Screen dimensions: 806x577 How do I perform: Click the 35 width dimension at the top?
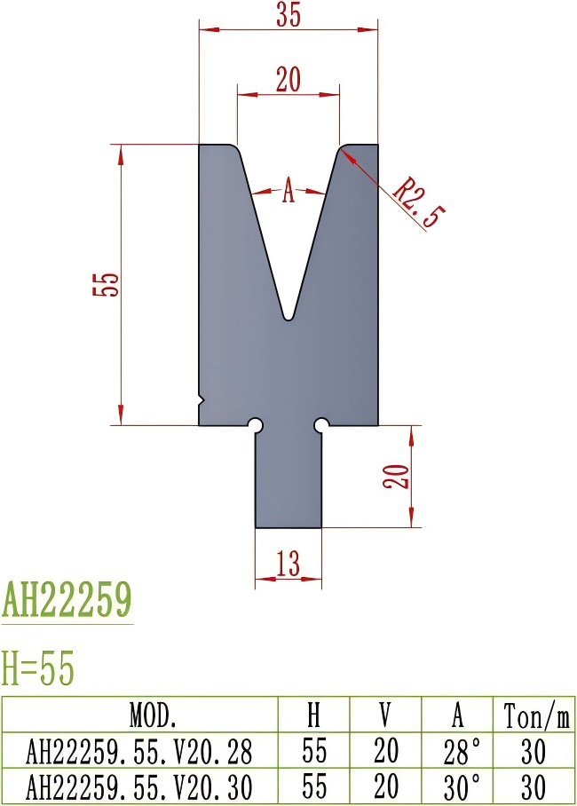(x=288, y=16)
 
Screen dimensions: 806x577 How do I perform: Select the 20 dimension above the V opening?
(x=288, y=80)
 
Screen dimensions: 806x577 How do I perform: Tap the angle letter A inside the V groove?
(x=288, y=191)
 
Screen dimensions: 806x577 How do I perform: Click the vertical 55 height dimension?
(x=106, y=284)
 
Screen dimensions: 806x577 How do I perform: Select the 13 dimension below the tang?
(x=288, y=563)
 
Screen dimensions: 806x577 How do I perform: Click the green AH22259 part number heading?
(x=67, y=601)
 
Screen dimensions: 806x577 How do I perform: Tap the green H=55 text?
(x=38, y=668)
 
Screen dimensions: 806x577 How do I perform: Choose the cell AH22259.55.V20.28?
(x=140, y=752)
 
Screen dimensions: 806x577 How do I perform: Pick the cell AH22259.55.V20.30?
(x=140, y=786)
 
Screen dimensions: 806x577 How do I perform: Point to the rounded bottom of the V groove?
(x=288, y=314)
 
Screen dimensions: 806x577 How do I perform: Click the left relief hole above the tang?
(x=256, y=425)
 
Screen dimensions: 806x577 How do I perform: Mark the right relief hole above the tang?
(x=321, y=425)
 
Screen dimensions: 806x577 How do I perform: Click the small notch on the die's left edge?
(x=202, y=401)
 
